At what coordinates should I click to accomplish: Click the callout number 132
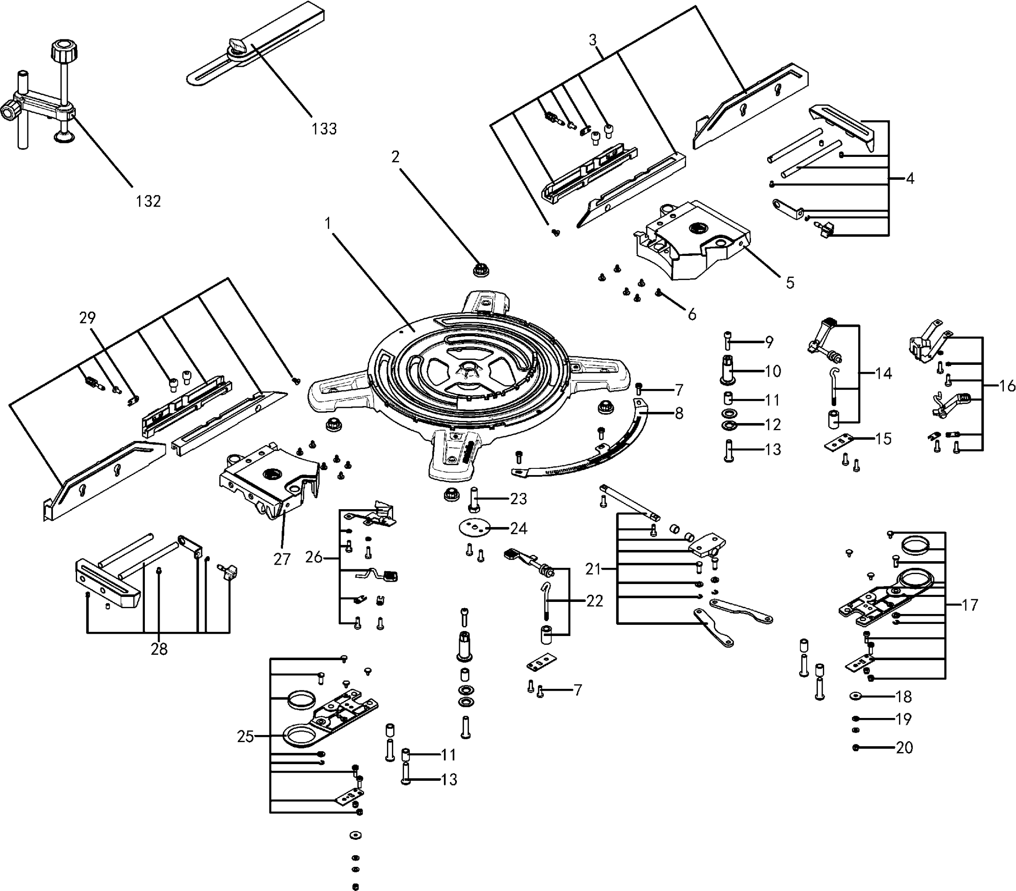coord(148,201)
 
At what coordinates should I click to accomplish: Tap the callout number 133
coord(324,129)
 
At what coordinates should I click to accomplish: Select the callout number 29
coord(87,317)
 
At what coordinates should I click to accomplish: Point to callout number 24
coord(518,528)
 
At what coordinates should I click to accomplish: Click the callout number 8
coord(679,413)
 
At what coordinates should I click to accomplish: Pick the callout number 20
coord(904,748)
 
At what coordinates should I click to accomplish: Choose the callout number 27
coord(282,559)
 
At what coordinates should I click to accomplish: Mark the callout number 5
coord(790,283)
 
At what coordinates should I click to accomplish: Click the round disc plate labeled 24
coord(474,527)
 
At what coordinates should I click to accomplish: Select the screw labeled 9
coord(728,342)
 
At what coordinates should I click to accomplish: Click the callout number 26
coord(314,558)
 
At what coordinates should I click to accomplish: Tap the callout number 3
coord(592,40)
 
